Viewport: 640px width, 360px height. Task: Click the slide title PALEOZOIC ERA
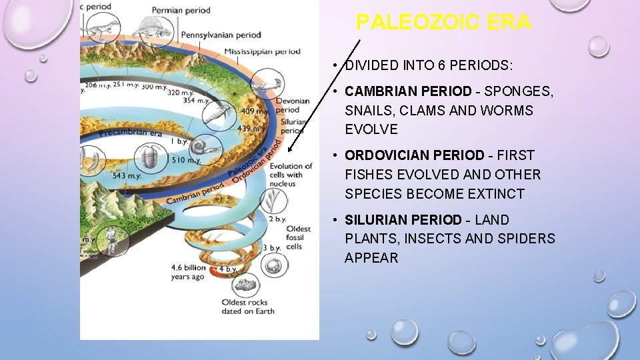(x=443, y=23)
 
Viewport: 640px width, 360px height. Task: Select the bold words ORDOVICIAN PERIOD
(x=414, y=155)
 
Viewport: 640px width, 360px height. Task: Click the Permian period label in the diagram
(x=181, y=10)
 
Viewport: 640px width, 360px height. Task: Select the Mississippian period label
(x=262, y=51)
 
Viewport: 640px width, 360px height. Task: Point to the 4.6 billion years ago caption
(x=189, y=272)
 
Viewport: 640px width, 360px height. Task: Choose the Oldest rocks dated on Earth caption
(x=248, y=306)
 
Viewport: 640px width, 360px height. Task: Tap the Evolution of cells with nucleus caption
(x=290, y=175)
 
